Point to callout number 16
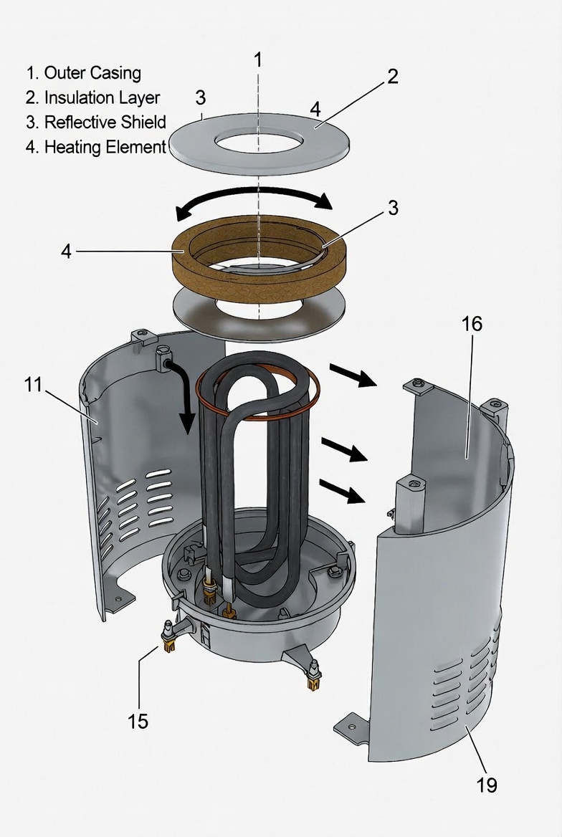[471, 324]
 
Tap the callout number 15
[138, 720]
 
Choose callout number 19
[487, 785]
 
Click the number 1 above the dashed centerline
[258, 59]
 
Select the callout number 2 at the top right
[392, 77]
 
